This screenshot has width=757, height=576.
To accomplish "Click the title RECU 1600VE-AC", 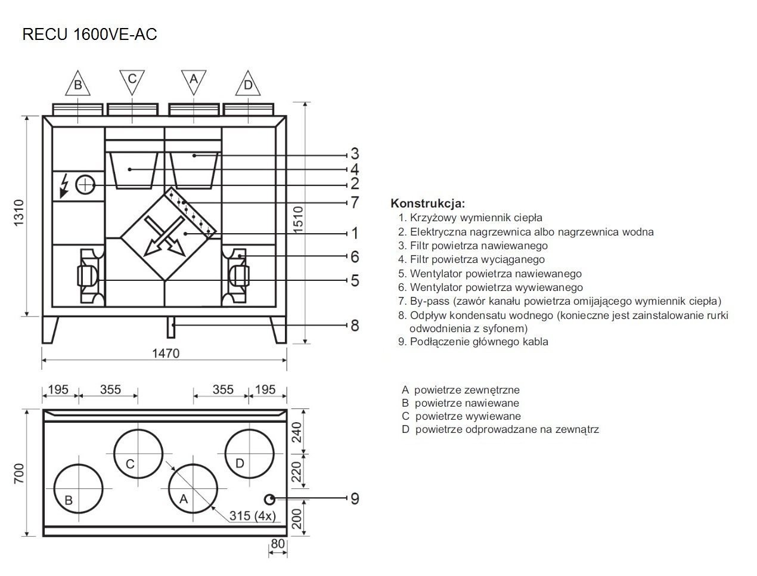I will tap(89, 35).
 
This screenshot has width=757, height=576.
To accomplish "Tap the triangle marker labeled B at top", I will tap(77, 85).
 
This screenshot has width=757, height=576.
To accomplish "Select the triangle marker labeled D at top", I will tap(248, 85).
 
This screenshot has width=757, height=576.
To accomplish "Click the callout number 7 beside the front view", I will tap(355, 203).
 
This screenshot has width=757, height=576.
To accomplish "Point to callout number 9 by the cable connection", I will tap(355, 498).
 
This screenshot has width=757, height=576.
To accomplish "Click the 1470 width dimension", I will tap(165, 354).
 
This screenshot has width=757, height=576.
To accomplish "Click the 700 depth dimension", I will tap(19, 473).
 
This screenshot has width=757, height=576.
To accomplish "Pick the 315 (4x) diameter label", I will tap(252, 516).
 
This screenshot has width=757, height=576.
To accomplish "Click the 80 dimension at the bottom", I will tap(278, 544).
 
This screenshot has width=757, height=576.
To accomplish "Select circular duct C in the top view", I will tap(138, 453).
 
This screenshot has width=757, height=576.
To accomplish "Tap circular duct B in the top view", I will tap(78, 488).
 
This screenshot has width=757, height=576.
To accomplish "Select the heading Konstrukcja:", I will tap(427, 203).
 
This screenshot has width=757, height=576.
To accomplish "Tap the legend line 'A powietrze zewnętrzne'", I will tap(460, 390).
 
